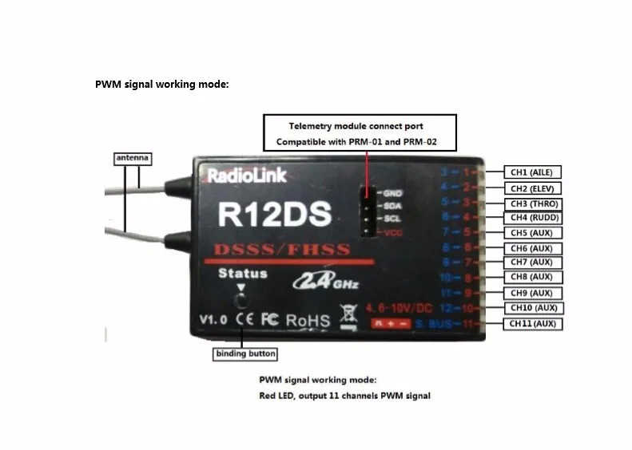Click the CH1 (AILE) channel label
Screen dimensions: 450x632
coord(531,172)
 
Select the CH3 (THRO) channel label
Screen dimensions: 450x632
coord(531,203)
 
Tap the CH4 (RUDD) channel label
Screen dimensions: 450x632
coord(531,218)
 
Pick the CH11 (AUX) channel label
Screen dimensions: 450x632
coord(531,324)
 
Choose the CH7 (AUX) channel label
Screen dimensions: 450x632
coord(531,262)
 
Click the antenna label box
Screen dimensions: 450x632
coord(131,159)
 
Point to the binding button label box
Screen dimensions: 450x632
coord(245,353)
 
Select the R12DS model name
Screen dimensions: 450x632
coord(263,215)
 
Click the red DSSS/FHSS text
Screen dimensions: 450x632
coord(280,249)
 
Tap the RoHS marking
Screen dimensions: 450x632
coord(308,320)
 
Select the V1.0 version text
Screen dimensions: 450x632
coord(213,320)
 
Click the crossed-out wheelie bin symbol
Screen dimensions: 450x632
coord(347,317)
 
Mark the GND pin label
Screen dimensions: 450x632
coord(392,192)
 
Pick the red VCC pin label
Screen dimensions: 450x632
coord(392,231)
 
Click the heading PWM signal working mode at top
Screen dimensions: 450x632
coord(162,84)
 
